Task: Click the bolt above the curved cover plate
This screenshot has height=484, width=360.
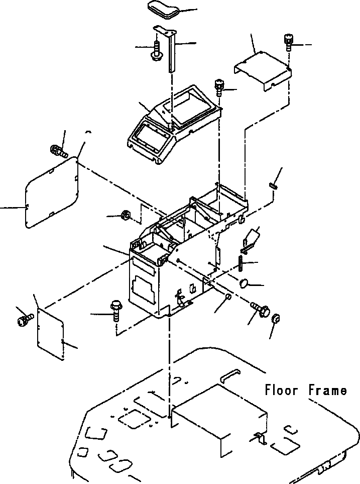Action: (x=288, y=41)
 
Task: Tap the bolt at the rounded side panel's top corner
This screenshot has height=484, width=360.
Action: (x=58, y=150)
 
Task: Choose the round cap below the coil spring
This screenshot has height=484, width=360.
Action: (x=245, y=283)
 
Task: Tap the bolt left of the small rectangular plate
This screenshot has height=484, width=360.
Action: (x=24, y=319)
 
